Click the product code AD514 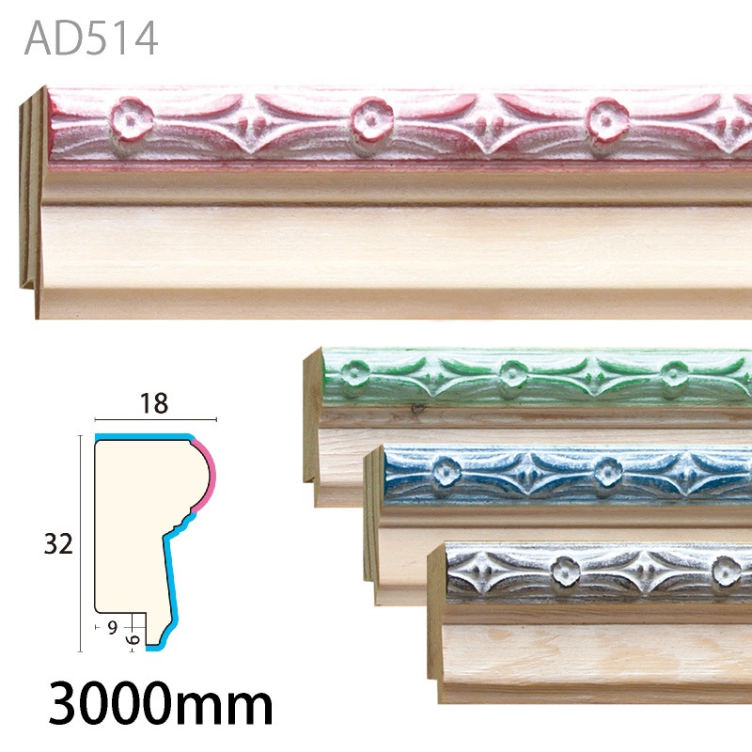click(x=91, y=39)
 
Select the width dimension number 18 click(x=154, y=404)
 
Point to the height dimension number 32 click(x=57, y=543)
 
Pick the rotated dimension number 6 click(x=133, y=637)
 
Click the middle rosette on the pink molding click(x=370, y=120)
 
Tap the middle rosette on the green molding click(x=511, y=374)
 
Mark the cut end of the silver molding click(x=434, y=620)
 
